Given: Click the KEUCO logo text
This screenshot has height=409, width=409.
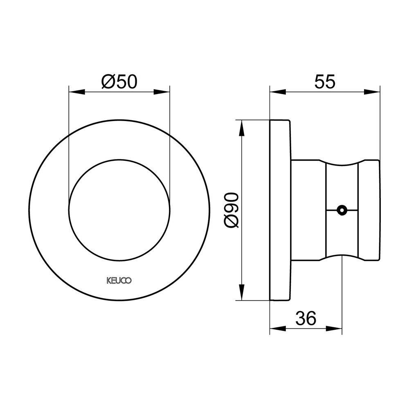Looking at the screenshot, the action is tap(119, 281).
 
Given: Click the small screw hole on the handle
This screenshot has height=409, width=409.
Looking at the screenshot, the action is tap(342, 210).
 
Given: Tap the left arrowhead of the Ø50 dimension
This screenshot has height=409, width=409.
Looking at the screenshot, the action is tap(77, 92).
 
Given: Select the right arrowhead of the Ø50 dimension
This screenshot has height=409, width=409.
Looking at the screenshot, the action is tap(162, 92).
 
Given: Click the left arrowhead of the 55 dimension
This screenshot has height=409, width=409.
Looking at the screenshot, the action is tap(278, 92).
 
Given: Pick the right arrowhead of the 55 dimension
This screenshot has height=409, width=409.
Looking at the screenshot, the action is tap(372, 92).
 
